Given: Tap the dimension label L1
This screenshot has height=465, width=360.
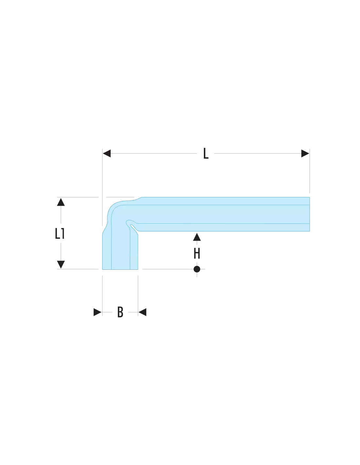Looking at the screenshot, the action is coord(60,233).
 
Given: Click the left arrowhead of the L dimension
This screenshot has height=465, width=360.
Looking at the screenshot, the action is coord(107,153).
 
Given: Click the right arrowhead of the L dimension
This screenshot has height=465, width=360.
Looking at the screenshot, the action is coord(305,153).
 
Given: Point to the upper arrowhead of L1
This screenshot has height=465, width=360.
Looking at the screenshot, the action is coord(61,202).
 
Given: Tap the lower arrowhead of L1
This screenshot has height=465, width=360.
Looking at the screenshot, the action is coord(61,265).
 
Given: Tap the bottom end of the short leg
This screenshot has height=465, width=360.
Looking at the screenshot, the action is coord(120,269).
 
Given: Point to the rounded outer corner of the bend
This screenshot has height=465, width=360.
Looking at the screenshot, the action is coord(113,206).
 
